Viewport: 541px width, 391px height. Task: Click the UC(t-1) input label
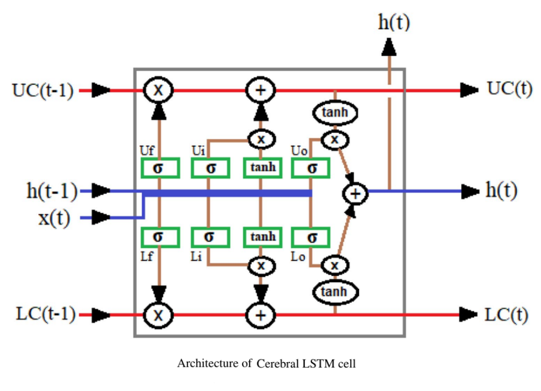click(x=42, y=91)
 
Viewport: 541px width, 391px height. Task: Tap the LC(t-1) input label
click(x=42, y=315)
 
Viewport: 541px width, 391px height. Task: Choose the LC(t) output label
click(x=507, y=315)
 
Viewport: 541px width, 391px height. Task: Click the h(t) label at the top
click(x=393, y=22)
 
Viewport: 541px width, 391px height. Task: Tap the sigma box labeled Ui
click(x=210, y=168)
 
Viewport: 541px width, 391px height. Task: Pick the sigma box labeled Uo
click(x=311, y=168)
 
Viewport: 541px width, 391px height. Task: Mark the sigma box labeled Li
click(x=210, y=237)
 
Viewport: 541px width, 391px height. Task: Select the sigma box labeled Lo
click(x=311, y=238)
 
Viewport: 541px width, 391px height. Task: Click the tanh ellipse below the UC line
click(x=335, y=113)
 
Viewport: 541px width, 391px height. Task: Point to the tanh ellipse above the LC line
click(x=335, y=291)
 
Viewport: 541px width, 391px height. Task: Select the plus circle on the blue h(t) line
click(x=355, y=192)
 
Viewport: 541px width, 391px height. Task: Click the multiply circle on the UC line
click(x=158, y=91)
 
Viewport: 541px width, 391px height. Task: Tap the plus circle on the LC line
click(x=260, y=315)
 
